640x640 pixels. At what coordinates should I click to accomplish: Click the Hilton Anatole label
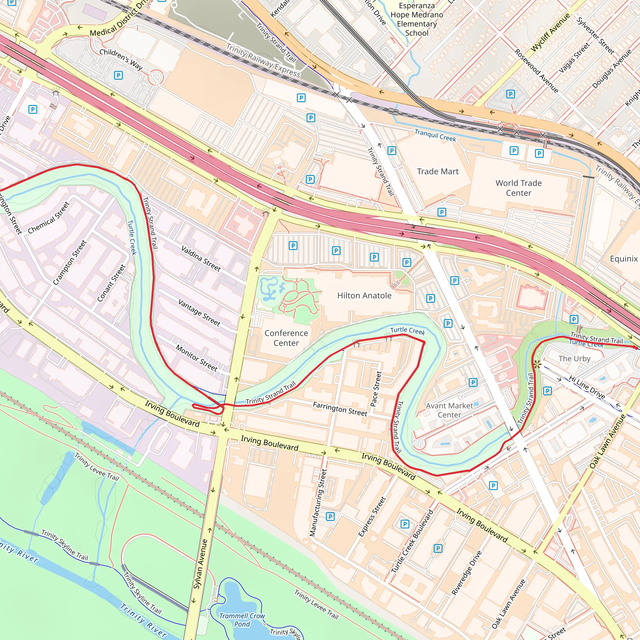click(364, 296)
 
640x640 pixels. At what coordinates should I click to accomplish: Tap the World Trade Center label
click(518, 188)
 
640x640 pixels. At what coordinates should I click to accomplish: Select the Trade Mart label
click(437, 171)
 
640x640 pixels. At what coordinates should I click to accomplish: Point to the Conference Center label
click(286, 338)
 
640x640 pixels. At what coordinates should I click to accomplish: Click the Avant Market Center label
click(449, 410)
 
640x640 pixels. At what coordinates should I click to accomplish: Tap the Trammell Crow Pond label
click(242, 620)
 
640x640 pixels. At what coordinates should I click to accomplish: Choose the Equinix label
click(623, 259)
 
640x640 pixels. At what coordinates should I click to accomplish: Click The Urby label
click(574, 358)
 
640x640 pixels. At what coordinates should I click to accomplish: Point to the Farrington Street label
click(340, 409)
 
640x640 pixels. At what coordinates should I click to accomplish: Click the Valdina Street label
click(201, 259)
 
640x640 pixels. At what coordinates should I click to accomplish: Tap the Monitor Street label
click(197, 358)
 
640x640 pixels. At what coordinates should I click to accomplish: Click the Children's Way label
click(121, 60)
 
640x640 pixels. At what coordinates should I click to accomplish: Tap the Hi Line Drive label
click(587, 387)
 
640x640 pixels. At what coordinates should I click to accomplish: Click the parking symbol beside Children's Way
click(118, 75)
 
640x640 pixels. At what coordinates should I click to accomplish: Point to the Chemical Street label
click(49, 217)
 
